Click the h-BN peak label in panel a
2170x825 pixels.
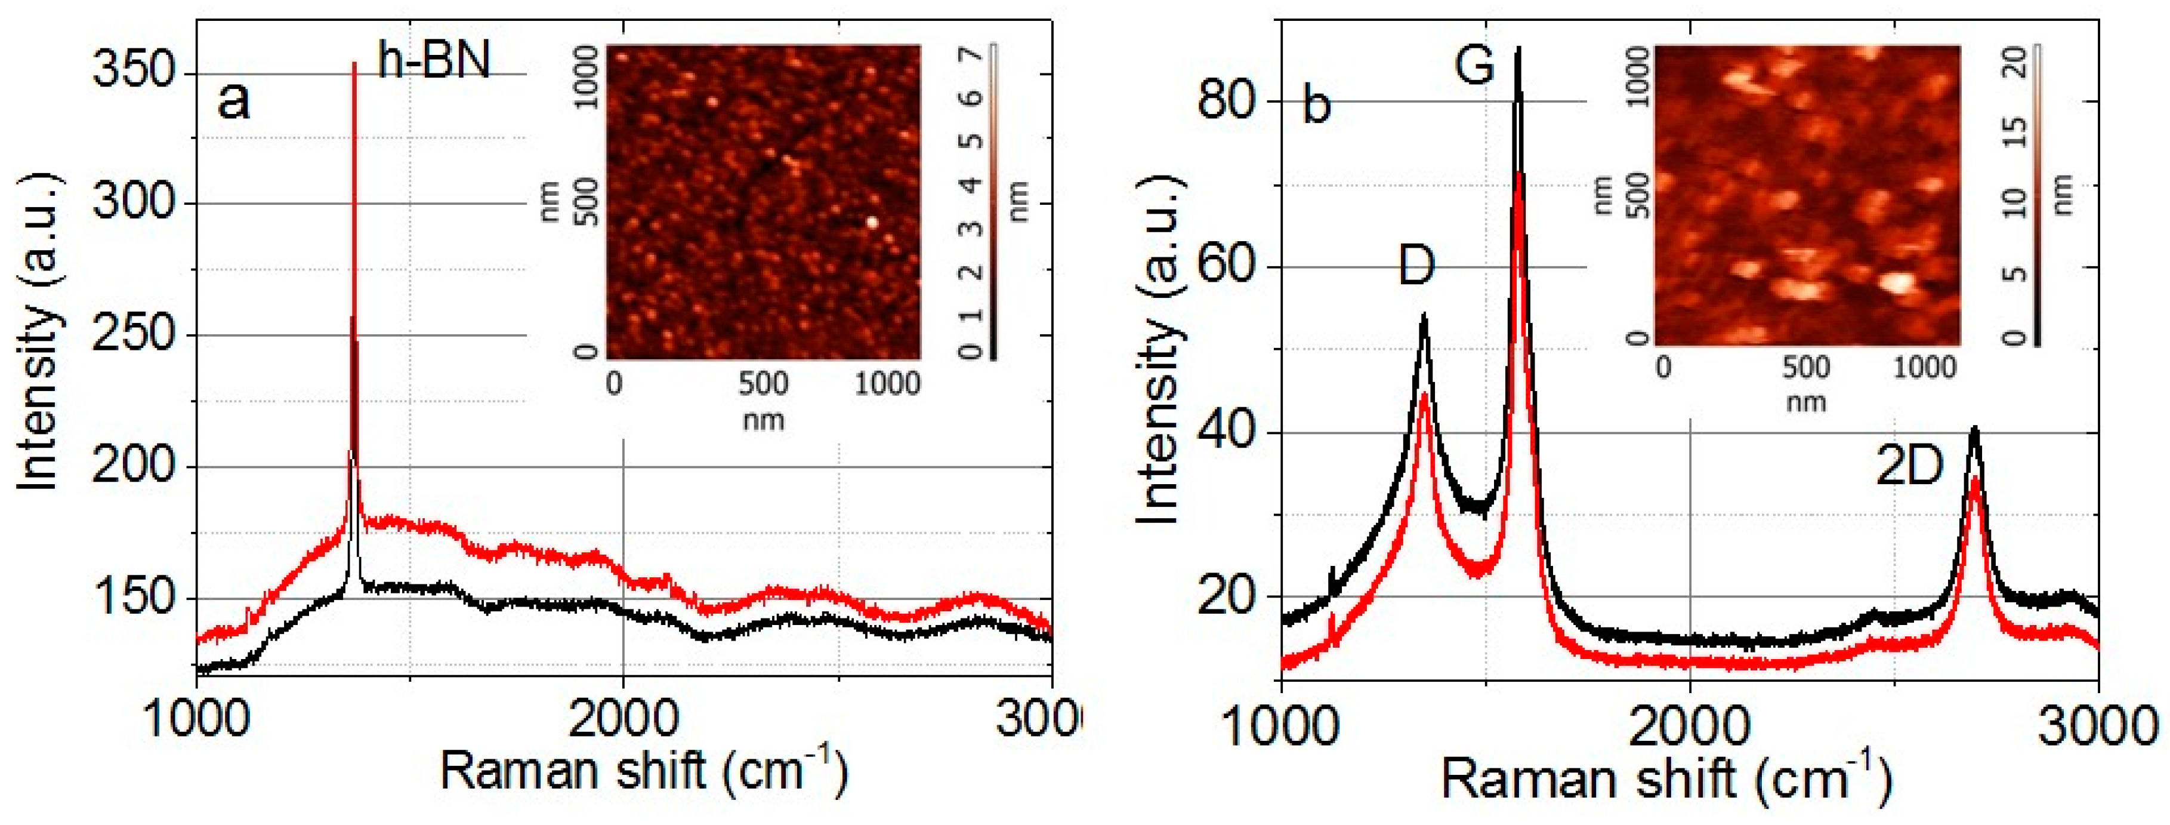point(433,61)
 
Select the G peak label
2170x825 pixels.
point(1474,65)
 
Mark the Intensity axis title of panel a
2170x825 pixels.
point(39,331)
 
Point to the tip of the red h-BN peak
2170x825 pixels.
point(354,64)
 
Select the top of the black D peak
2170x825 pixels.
point(1424,316)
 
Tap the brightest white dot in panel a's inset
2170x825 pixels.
point(872,223)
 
